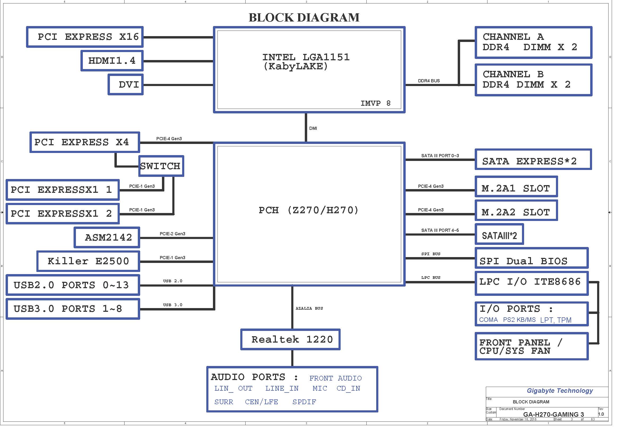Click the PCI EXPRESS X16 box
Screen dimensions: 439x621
click(85, 37)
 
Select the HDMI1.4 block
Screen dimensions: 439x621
click(112, 61)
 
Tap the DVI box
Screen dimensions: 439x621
click(126, 84)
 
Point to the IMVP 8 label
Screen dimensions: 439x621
click(375, 103)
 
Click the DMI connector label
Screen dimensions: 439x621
click(313, 128)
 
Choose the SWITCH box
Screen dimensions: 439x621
click(161, 166)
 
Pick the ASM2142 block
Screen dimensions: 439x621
click(107, 237)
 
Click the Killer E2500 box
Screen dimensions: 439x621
click(88, 261)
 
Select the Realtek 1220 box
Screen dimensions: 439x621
click(290, 339)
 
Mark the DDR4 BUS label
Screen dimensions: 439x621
click(429, 81)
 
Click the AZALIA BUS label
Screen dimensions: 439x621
click(309, 308)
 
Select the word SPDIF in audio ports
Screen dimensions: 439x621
click(304, 402)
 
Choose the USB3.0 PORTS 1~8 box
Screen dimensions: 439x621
click(72, 309)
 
